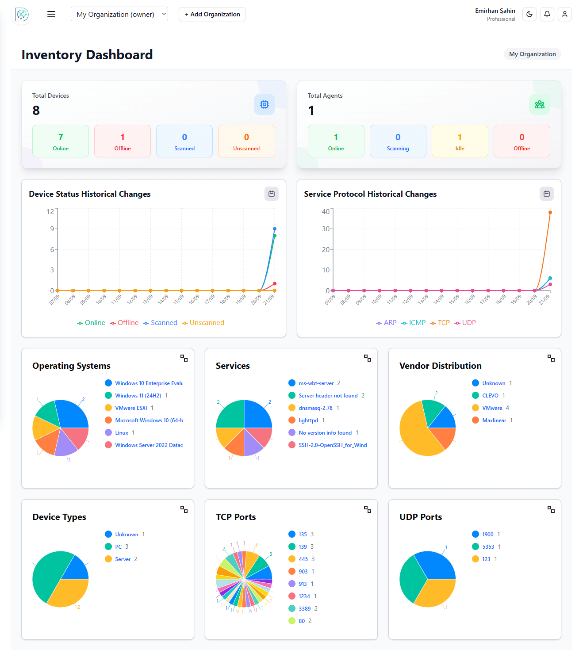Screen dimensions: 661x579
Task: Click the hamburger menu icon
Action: tap(51, 14)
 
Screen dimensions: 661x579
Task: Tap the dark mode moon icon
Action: tap(529, 14)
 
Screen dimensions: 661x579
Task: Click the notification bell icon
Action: tap(547, 14)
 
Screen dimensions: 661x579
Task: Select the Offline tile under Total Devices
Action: tap(123, 141)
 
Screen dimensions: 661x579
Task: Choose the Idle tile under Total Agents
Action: tap(460, 141)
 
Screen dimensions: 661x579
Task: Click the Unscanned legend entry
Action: tap(203, 323)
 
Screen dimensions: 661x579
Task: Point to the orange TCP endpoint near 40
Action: tap(550, 213)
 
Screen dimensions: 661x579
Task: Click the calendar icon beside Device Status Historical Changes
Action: tap(272, 194)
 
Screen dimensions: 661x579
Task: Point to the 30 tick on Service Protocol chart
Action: tap(326, 229)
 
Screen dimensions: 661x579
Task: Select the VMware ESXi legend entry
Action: tap(131, 408)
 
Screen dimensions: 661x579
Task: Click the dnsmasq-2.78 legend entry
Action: tap(315, 408)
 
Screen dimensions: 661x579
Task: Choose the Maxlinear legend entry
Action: tap(494, 420)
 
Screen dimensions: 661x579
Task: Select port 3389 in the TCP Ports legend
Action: tap(304, 609)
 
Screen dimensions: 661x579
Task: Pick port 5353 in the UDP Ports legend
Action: tap(488, 547)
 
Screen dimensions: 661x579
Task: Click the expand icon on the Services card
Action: tap(368, 358)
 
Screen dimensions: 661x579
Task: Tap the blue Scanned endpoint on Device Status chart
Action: tap(275, 229)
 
